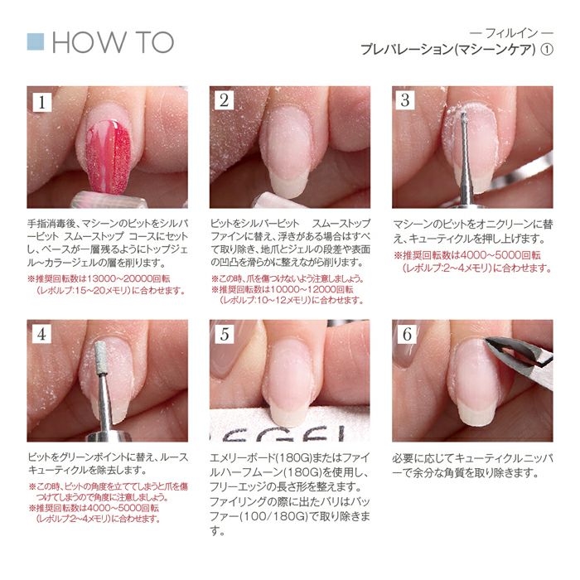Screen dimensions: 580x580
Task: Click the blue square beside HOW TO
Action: [36, 41]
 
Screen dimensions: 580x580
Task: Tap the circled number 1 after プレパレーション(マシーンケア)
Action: [547, 50]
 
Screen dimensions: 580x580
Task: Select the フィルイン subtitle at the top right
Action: [511, 34]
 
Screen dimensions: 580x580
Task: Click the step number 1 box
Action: [42, 102]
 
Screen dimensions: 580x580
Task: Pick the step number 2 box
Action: [225, 100]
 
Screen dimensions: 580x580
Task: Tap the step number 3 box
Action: [405, 100]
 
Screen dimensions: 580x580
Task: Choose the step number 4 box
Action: [41, 334]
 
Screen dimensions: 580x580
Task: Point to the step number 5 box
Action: [225, 334]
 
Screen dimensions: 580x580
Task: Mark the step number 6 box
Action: [407, 334]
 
